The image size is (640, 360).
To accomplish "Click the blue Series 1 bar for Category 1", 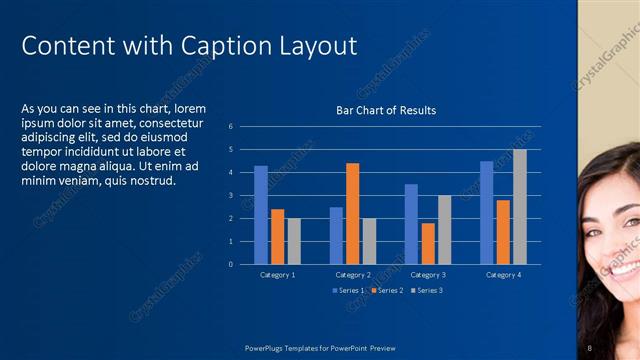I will (x=261, y=215).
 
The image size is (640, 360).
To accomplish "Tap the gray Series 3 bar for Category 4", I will (x=519, y=207).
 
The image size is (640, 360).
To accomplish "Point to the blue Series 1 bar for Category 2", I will (x=336, y=235).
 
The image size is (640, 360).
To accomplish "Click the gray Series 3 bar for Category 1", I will (x=294, y=241).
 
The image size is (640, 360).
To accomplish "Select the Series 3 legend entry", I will (x=426, y=290).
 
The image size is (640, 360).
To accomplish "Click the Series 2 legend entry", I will (x=388, y=290).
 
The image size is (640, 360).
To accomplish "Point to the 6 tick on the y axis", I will (x=230, y=127).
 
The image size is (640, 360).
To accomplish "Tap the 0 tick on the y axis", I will (x=230, y=264).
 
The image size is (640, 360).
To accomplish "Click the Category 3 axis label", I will (x=427, y=274).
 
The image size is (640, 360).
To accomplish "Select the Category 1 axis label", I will (x=277, y=274).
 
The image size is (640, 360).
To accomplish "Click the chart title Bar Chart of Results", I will (x=385, y=110).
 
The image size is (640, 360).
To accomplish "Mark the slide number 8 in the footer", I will (x=590, y=347).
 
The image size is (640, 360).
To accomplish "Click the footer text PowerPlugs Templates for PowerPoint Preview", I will (x=320, y=347).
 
